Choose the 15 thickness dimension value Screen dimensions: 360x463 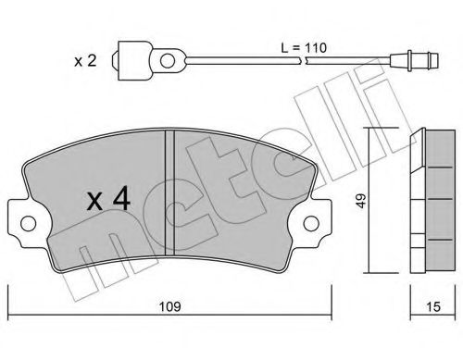[431, 303]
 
